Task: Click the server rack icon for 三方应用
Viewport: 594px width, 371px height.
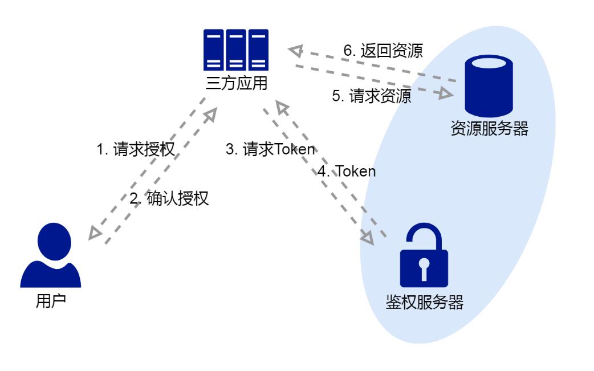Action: [x=236, y=50]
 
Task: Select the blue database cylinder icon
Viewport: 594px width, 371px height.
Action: [x=488, y=85]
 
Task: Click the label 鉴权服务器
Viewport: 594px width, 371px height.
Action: [x=424, y=301]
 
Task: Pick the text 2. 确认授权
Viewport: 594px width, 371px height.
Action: [x=169, y=199]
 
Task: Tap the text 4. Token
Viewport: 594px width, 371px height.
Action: [x=347, y=171]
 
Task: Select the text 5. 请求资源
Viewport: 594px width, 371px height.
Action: [x=371, y=95]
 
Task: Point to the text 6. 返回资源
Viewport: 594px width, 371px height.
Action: [x=383, y=51]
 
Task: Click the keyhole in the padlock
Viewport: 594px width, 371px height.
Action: [x=424, y=268]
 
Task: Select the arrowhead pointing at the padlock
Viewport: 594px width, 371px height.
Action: [x=368, y=238]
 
